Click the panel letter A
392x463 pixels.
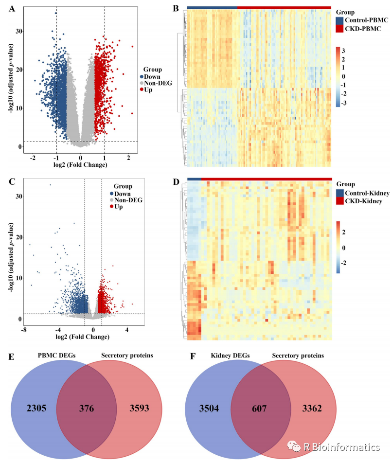pyautogui.click(x=12, y=8)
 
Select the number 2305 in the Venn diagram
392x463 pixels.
pyautogui.click(x=36, y=407)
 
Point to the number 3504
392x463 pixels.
pyautogui.click(x=210, y=407)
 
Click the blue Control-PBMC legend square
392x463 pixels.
pyautogui.click(x=339, y=20)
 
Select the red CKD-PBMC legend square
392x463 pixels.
pyautogui.click(x=339, y=29)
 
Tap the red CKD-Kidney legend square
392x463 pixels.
pyautogui.click(x=339, y=201)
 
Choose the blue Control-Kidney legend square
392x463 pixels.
pyautogui.click(x=339, y=193)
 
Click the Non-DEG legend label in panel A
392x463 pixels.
pyautogui.click(x=158, y=83)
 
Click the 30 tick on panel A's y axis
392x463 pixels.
pyautogui.click(x=18, y=31)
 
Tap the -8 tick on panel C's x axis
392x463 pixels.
pyautogui.click(x=23, y=330)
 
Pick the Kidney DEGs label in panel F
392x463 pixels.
pyautogui.click(x=229, y=356)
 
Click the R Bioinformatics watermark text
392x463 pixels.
pyautogui.click(x=341, y=447)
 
